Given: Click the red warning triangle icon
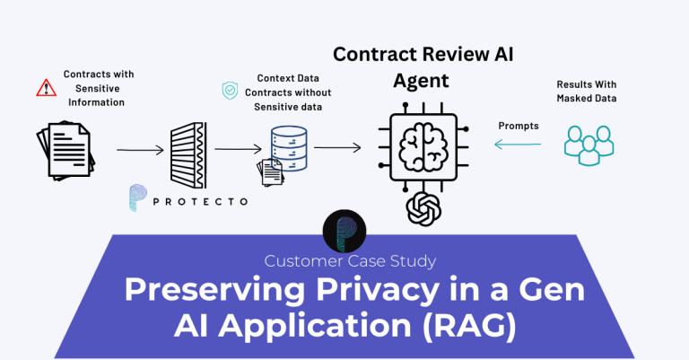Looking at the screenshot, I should (x=46, y=88).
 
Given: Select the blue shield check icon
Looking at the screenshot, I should (x=230, y=91).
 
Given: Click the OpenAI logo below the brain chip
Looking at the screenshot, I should (x=423, y=209).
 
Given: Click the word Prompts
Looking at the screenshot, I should (x=519, y=126).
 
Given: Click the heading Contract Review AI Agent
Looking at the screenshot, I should (x=424, y=66).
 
